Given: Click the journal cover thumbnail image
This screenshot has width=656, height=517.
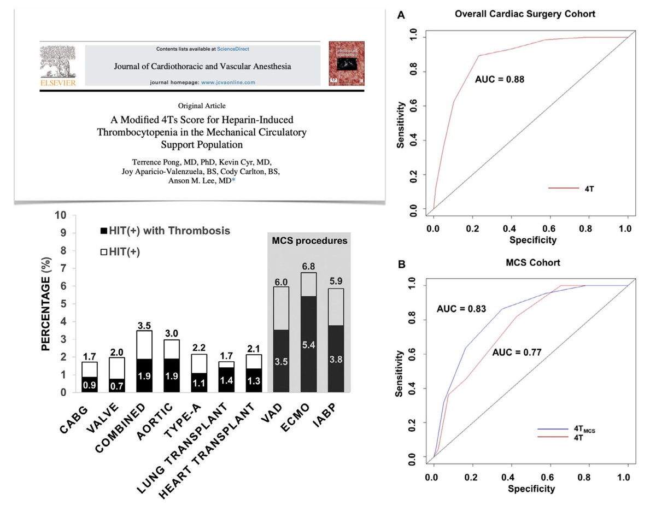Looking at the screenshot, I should point(345,64).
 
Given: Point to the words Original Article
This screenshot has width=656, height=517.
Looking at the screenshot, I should point(202,105).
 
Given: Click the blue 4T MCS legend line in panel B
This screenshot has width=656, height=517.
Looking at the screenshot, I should point(549,429).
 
